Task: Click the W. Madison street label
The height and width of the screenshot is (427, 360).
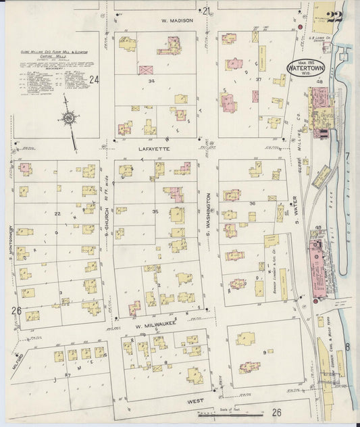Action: pyautogui.click(x=177, y=21)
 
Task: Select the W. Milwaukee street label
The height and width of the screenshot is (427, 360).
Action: pyautogui.click(x=147, y=324)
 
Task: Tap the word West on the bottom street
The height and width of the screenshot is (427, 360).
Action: pyautogui.click(x=196, y=400)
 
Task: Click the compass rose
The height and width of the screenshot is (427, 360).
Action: pyautogui.click(x=70, y=119)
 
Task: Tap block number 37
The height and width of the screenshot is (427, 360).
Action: pyautogui.click(x=259, y=80)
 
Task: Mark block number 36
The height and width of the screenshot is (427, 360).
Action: pyautogui.click(x=253, y=203)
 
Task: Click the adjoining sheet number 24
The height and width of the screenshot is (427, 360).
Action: pyautogui.click(x=94, y=80)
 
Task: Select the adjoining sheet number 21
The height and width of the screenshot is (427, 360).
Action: pyautogui.click(x=207, y=10)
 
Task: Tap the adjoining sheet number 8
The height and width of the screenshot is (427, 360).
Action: pyautogui.click(x=348, y=347)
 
